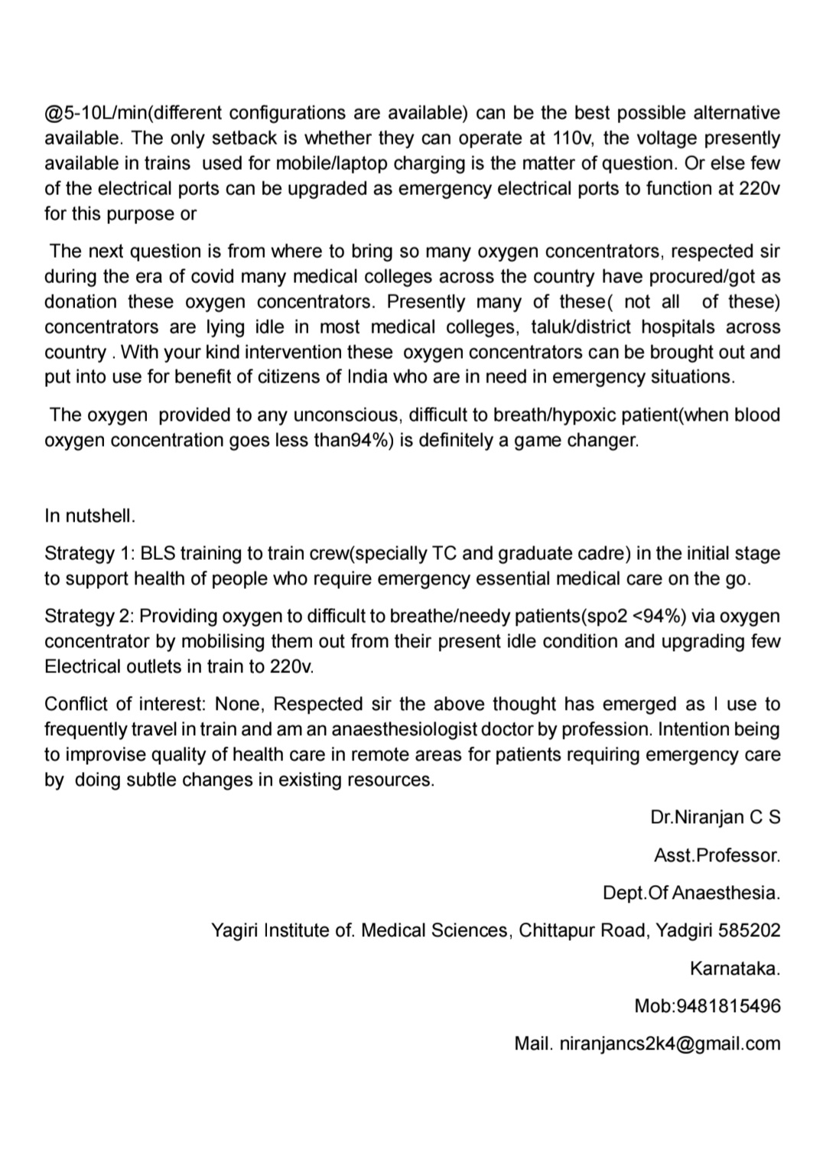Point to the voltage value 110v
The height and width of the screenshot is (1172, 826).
[x=572, y=138]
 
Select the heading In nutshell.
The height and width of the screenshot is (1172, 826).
[x=89, y=516]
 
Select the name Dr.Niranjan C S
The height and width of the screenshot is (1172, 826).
[x=715, y=817]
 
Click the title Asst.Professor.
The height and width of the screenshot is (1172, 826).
[x=717, y=855]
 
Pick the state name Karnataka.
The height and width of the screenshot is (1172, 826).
[x=735, y=969]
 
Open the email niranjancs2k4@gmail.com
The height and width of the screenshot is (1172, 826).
[x=670, y=1043]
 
